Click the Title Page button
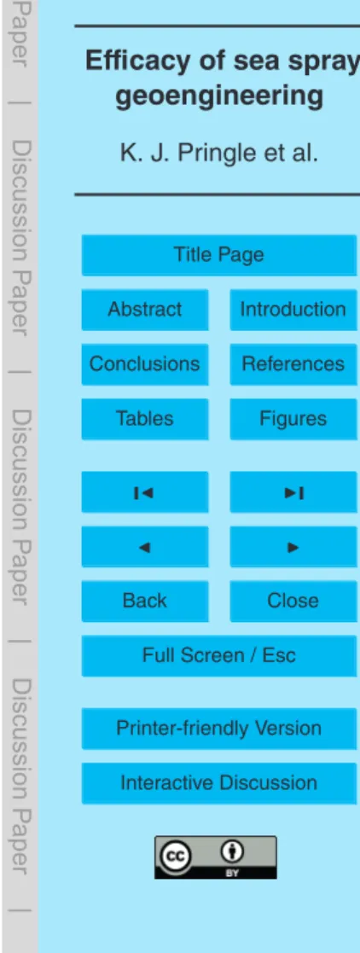(219, 254)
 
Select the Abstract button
(145, 310)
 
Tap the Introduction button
(293, 310)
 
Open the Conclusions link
(145, 364)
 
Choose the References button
(293, 364)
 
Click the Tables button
(145, 419)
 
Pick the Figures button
(293, 419)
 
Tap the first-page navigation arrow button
(145, 491)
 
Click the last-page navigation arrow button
(293, 491)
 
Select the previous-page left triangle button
(145, 546)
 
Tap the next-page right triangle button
(293, 546)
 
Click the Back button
(145, 601)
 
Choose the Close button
(293, 601)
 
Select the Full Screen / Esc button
(219, 656)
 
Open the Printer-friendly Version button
(219, 729)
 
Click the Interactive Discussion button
(219, 783)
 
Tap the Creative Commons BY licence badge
(215, 857)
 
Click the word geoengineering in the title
(219, 96)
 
